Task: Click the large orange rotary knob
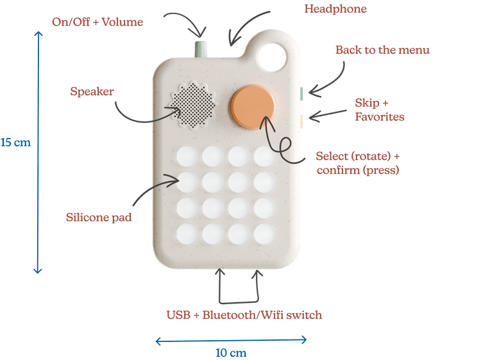(255, 105)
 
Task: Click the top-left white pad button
(187, 157)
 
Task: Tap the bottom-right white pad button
(264, 232)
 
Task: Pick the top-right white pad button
(264, 157)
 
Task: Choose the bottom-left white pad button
(187, 232)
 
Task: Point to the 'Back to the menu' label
(383, 50)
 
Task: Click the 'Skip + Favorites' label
(379, 110)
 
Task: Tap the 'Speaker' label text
(92, 92)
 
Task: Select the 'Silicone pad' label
(99, 218)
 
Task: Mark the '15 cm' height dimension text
(15, 142)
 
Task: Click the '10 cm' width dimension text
(230, 352)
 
